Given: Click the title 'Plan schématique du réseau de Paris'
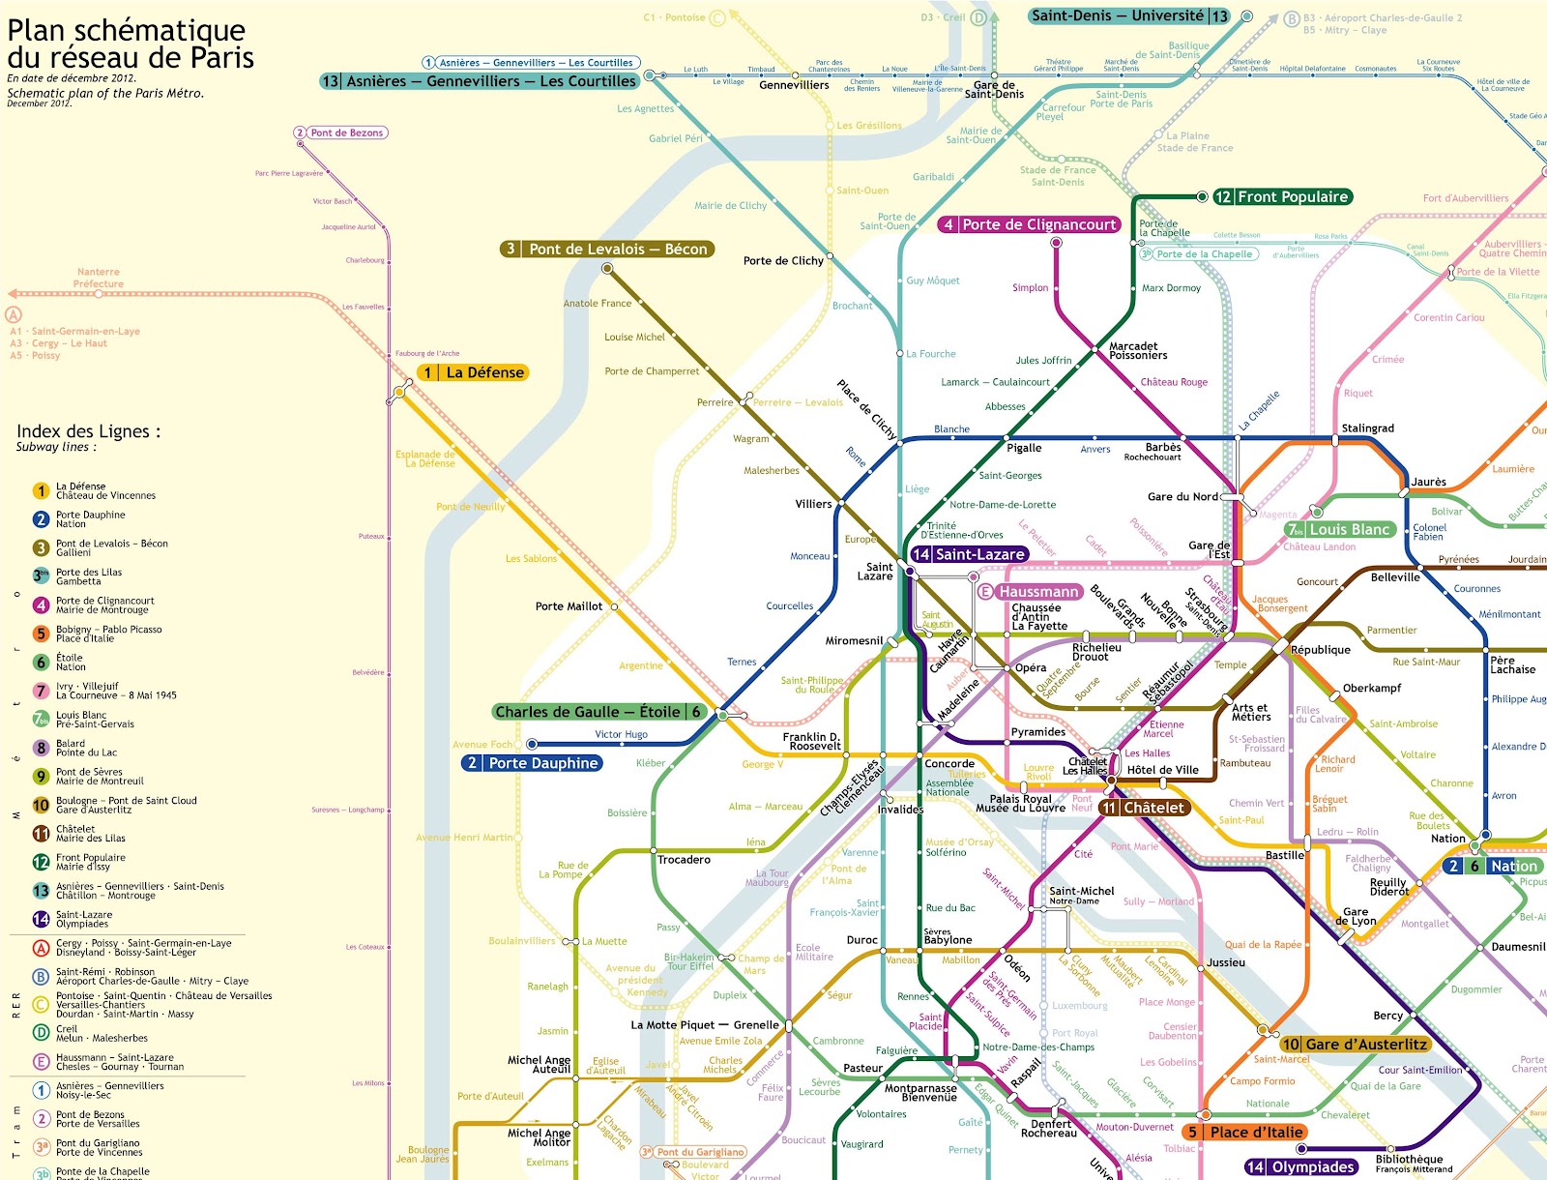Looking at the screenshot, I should click(131, 44).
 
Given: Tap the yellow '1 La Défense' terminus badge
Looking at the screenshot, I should click(474, 372).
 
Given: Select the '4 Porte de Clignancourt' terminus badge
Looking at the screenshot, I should click(1030, 224).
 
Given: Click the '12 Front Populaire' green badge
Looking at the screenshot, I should click(1282, 196).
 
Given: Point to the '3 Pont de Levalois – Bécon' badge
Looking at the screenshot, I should click(607, 249).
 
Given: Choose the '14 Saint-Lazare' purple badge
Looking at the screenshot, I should click(969, 554).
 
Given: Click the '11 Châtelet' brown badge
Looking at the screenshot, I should click(1143, 808).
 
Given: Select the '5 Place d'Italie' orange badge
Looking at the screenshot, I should click(1246, 1132).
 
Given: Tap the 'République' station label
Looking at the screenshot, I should click(1321, 650).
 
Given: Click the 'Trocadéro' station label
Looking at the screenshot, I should click(684, 860).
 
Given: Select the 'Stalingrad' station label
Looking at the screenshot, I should click(1367, 428).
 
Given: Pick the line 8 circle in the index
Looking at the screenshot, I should click(41, 748).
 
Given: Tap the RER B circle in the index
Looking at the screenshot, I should click(41, 976).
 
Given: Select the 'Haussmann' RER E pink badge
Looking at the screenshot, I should click(1031, 591).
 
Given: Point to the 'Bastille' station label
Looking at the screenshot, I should click(1284, 856).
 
